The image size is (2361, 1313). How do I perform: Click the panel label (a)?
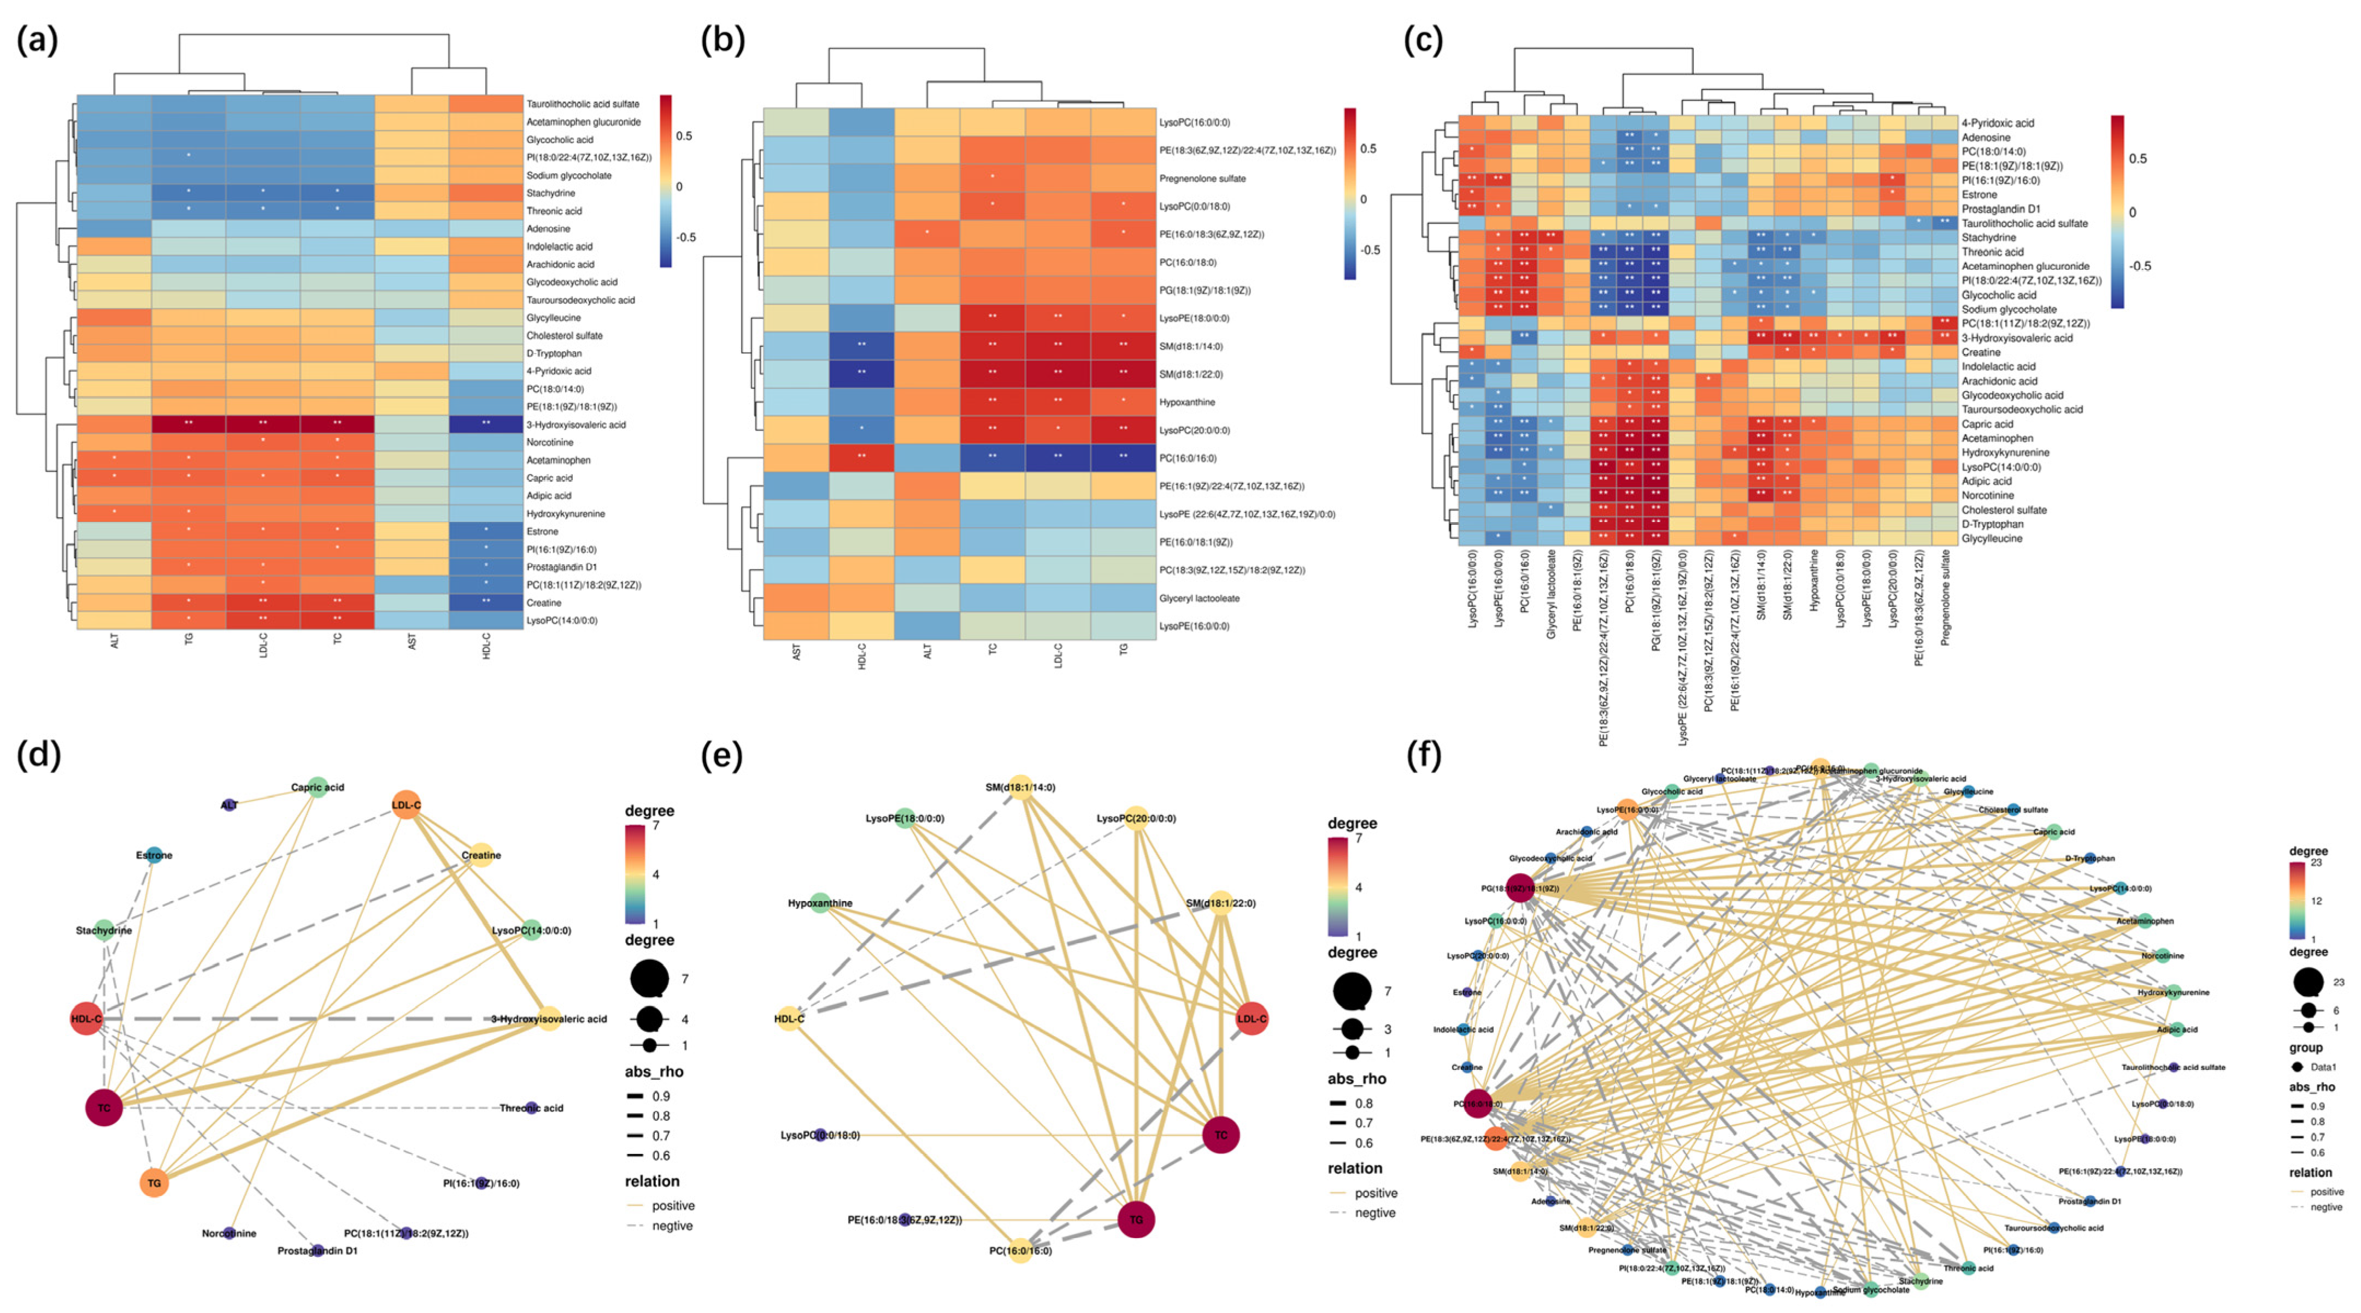click(37, 40)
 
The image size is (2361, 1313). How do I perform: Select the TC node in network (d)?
click(104, 1108)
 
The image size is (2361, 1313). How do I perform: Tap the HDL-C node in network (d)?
click(86, 1019)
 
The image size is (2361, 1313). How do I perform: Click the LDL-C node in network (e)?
click(1251, 1019)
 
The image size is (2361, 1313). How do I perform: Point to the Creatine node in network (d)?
click(481, 855)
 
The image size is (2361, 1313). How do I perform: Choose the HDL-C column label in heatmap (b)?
click(861, 656)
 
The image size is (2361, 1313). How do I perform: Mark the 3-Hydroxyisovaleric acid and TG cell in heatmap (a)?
click(188, 424)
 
